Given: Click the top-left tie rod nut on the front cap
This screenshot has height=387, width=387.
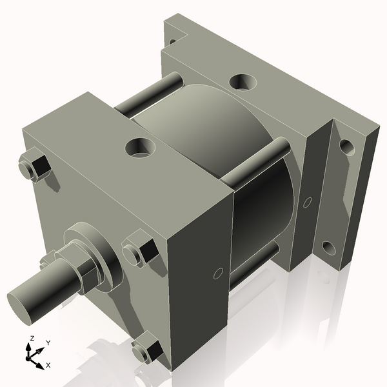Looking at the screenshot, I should (34, 166).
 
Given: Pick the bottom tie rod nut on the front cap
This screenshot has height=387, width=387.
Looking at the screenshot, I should (146, 351).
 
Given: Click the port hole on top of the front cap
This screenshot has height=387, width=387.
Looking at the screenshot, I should (141, 148).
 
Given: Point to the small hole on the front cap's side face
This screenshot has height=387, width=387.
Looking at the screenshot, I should (217, 273).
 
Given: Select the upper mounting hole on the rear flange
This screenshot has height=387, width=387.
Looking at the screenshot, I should (347, 147).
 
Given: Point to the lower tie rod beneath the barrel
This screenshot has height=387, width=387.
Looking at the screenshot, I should (255, 265).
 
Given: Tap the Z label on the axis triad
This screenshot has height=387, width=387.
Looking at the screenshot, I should (31, 339).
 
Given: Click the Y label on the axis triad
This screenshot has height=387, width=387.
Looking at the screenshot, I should (48, 343).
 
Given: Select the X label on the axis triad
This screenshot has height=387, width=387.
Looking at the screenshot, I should (48, 365).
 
